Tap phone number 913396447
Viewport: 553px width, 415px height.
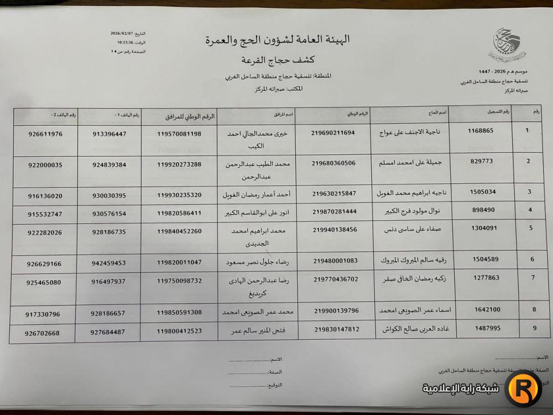click(x=109, y=134)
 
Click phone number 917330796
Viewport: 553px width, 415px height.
click(x=43, y=314)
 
